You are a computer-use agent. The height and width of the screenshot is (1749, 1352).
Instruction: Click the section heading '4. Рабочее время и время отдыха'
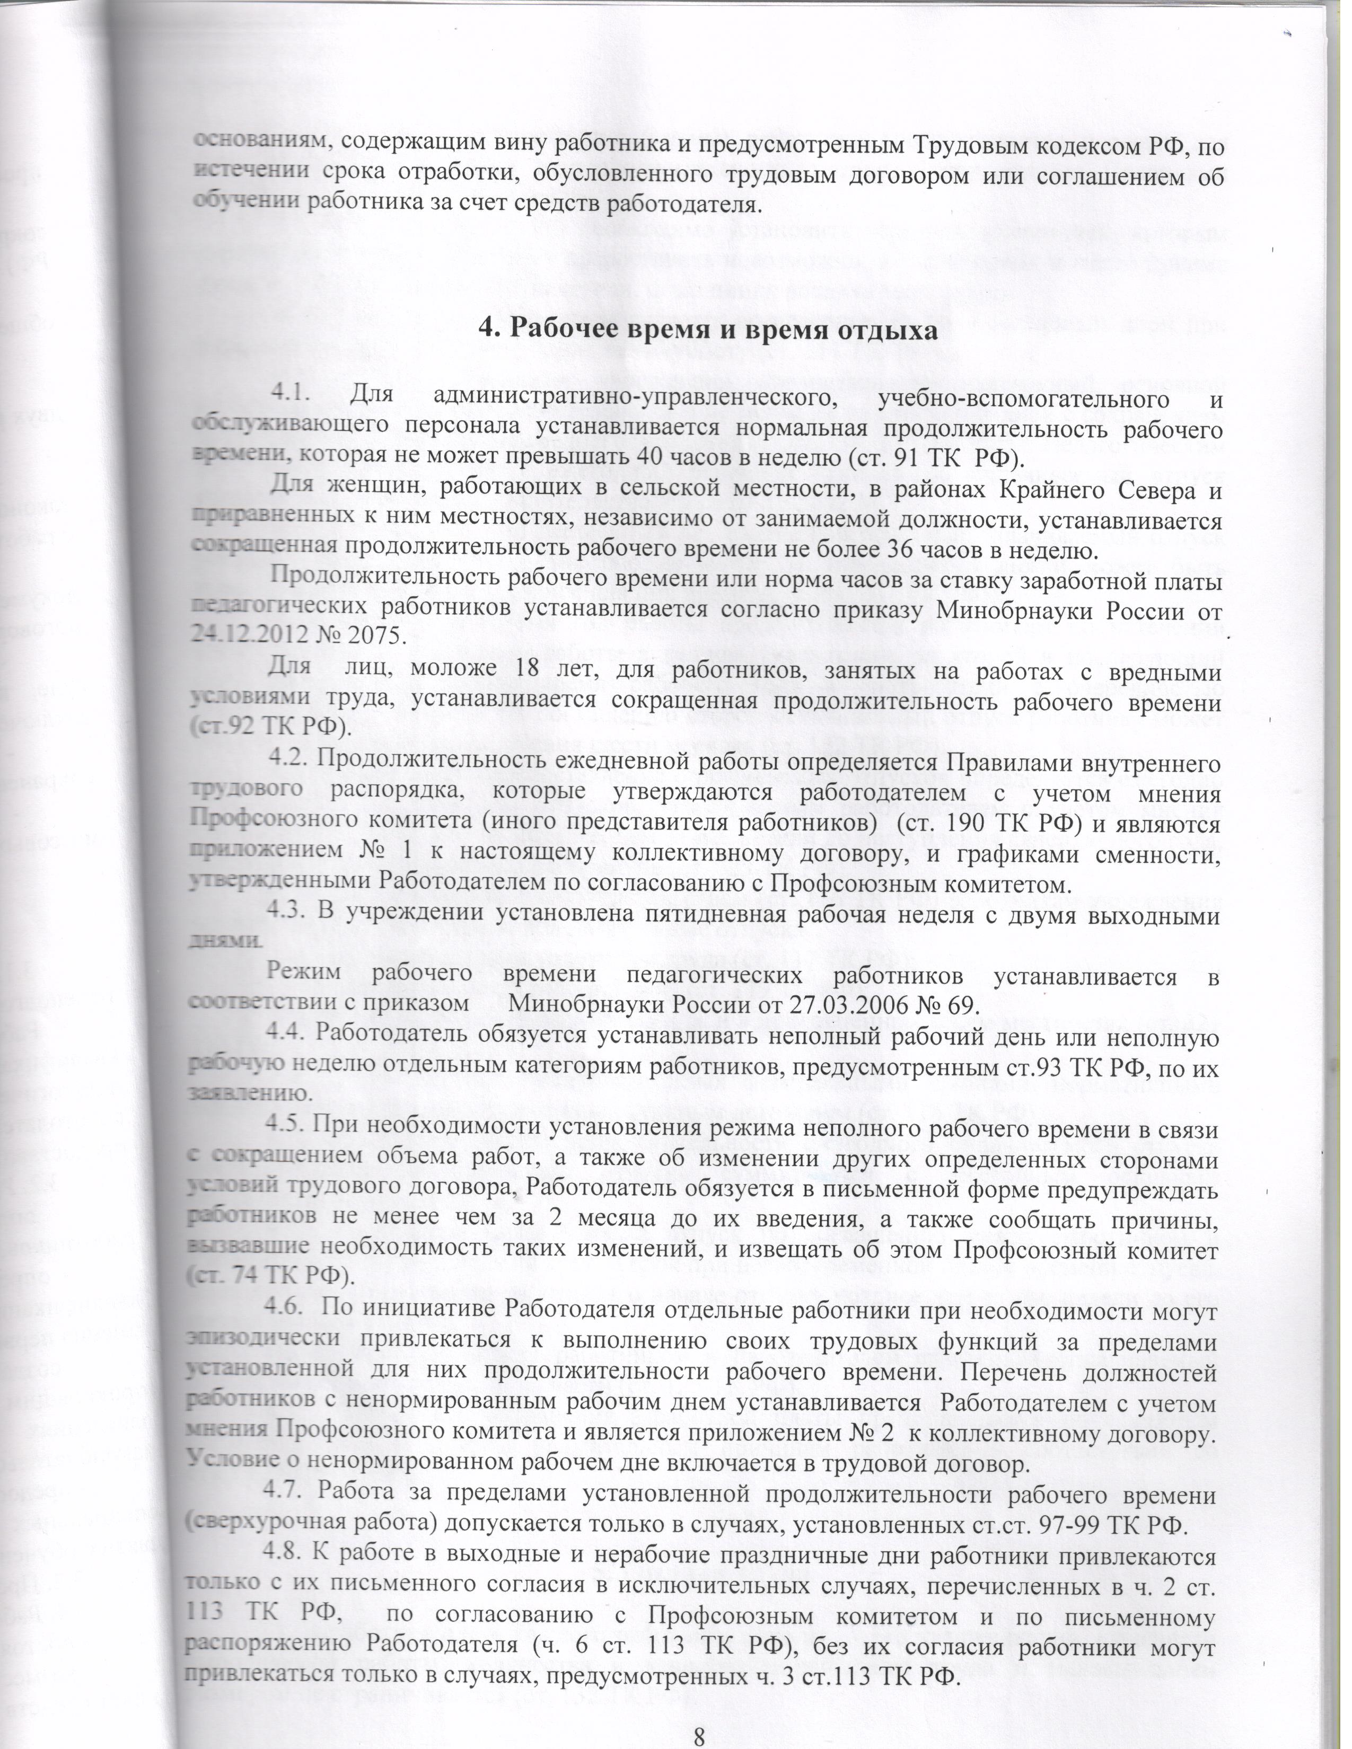[707, 329]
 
